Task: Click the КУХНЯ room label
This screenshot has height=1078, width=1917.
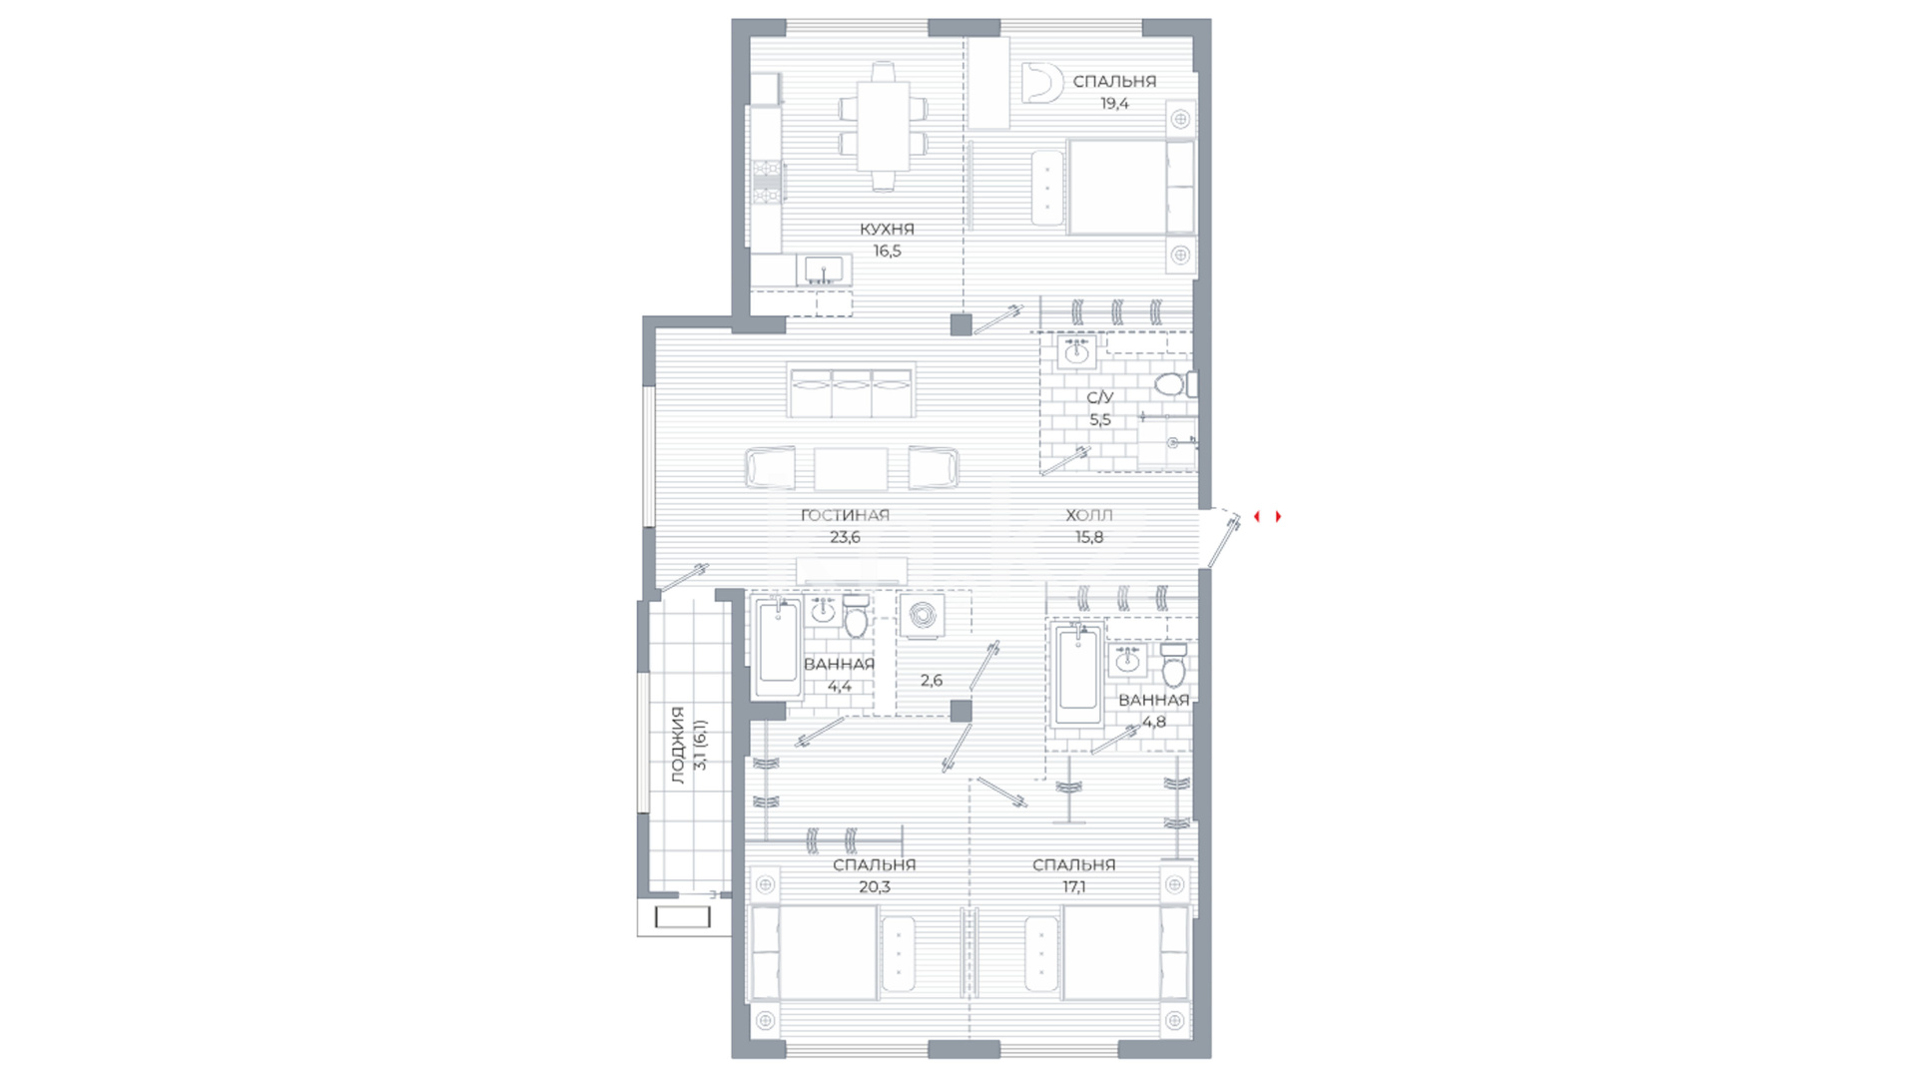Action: [887, 229]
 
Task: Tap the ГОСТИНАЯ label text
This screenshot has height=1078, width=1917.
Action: [845, 515]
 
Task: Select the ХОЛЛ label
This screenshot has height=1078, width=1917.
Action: [1088, 515]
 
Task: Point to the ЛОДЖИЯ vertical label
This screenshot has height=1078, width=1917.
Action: [679, 745]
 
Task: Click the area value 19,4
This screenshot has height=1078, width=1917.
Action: [1114, 103]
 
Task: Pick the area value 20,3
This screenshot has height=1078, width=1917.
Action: [874, 886]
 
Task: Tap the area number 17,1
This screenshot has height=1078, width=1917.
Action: [1073, 886]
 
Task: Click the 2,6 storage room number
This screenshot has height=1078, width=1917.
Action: [931, 680]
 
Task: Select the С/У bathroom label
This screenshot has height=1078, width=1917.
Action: [1099, 397]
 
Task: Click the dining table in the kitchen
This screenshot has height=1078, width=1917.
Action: [884, 126]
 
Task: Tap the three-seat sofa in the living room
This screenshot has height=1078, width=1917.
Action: [850, 390]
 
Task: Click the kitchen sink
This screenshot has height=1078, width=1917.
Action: [824, 269]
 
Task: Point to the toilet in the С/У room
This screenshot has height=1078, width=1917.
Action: [1171, 384]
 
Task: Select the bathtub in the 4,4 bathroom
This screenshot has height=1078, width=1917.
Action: [778, 649]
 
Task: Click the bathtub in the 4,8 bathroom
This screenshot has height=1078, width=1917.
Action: [1078, 677]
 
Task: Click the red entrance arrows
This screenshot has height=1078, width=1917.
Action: [1268, 516]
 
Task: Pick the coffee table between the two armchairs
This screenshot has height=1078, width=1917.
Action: [851, 469]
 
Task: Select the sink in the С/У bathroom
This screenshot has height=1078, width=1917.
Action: [1076, 351]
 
